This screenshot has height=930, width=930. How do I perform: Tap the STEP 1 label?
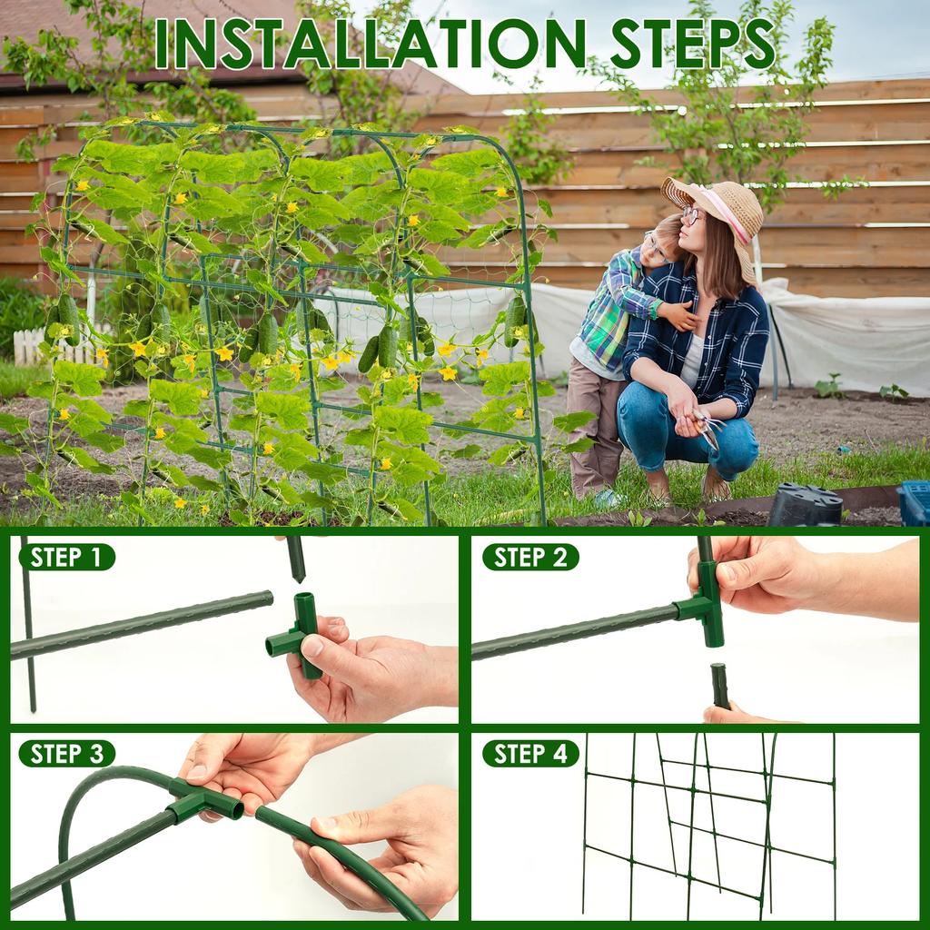click(x=67, y=557)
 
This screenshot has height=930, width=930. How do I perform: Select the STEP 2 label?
click(x=530, y=557)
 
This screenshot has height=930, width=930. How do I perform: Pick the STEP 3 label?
click(x=67, y=753)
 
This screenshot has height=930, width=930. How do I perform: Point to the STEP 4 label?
click(x=530, y=753)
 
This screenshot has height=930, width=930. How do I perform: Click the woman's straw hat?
click(x=717, y=205)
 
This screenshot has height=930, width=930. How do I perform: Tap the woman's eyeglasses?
click(x=690, y=216)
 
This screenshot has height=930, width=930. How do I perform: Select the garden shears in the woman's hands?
click(x=705, y=427)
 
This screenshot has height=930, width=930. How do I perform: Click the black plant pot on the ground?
click(x=805, y=506)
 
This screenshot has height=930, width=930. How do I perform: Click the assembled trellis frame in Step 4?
click(x=708, y=822)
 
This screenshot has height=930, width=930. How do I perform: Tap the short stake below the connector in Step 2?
click(x=720, y=685)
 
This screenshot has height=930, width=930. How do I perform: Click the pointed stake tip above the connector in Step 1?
click(x=296, y=559)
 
